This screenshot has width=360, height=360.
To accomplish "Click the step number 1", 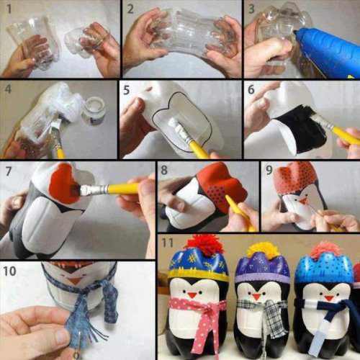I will (x=8, y=8).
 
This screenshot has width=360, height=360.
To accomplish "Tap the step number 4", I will (x=8, y=91).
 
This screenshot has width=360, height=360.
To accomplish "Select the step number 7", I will (x=8, y=172).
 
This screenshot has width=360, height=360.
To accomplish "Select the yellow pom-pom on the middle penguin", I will (x=264, y=250).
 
